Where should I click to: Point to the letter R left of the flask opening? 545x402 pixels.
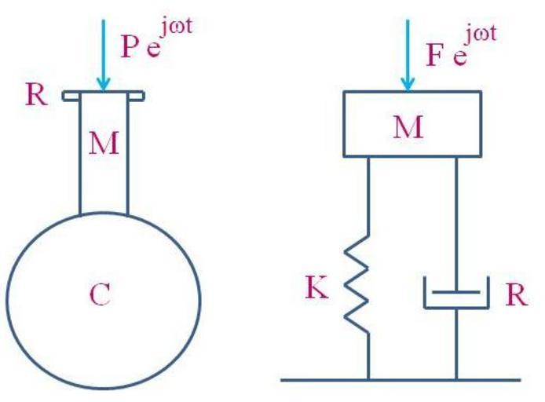click(x=35, y=96)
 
